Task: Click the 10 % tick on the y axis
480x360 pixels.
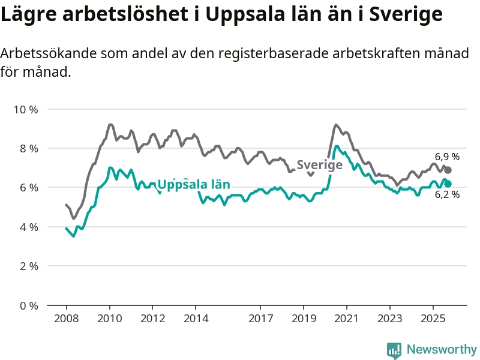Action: tap(25, 109)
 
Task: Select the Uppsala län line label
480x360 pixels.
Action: tap(193, 184)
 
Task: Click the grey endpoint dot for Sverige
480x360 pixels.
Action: tap(448, 170)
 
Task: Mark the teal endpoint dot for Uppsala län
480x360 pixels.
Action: tap(448, 184)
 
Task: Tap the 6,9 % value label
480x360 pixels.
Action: tap(447, 157)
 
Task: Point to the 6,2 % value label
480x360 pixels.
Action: tap(447, 194)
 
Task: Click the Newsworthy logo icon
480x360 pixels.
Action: tap(394, 350)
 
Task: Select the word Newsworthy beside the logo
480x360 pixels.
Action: tap(442, 349)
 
